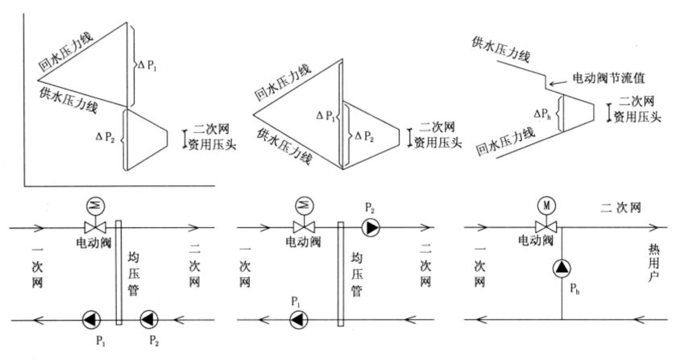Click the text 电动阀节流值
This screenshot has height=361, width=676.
[609, 80]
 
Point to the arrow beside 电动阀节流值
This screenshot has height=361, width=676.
[558, 81]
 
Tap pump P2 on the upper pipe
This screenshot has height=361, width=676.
[372, 228]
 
